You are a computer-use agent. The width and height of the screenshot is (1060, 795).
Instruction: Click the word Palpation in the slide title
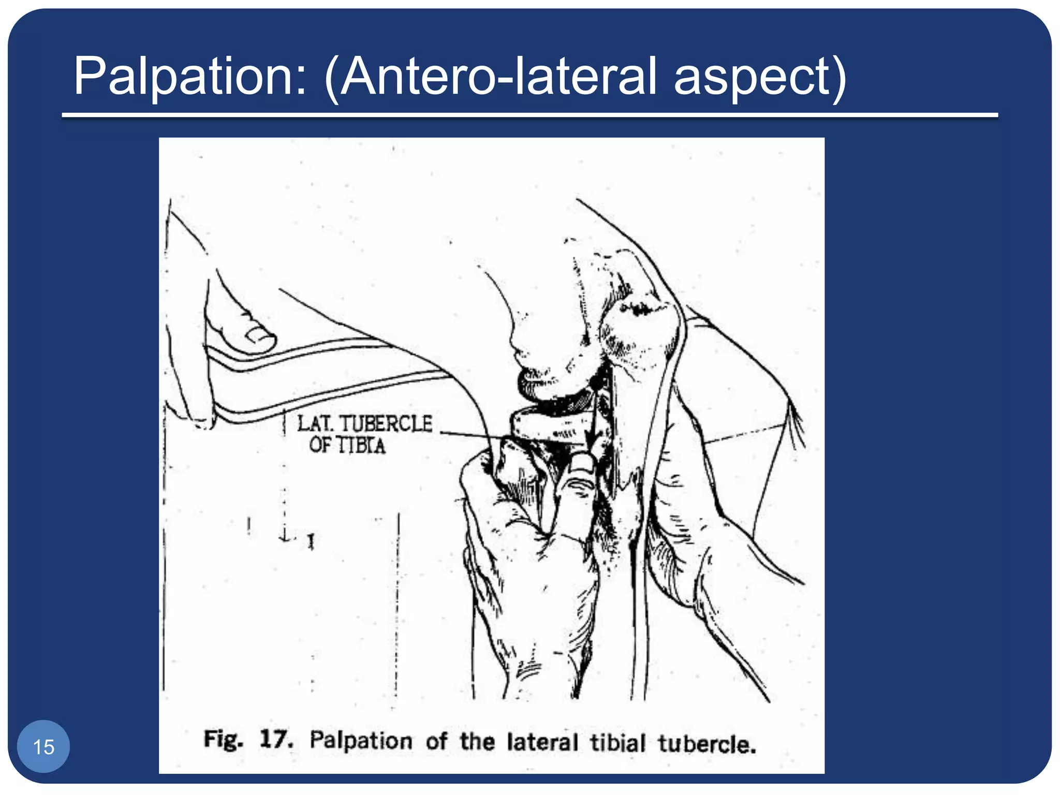click(189, 77)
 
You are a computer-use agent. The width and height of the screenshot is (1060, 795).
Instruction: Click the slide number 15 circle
click(43, 747)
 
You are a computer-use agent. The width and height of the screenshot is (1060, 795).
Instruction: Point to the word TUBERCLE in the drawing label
click(386, 424)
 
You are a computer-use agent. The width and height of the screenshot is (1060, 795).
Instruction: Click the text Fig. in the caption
click(223, 739)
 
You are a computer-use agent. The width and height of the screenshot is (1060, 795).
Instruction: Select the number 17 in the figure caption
click(275, 739)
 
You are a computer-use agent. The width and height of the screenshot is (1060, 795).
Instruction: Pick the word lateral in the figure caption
click(542, 742)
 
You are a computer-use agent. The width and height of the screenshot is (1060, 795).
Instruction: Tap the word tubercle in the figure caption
click(706, 744)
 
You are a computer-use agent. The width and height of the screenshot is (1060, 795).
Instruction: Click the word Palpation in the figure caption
click(361, 740)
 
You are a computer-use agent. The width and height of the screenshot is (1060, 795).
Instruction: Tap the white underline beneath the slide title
click(529, 115)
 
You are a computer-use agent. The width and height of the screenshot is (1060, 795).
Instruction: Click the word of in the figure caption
click(436, 741)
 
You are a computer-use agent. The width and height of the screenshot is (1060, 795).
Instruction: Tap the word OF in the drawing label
click(321, 445)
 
